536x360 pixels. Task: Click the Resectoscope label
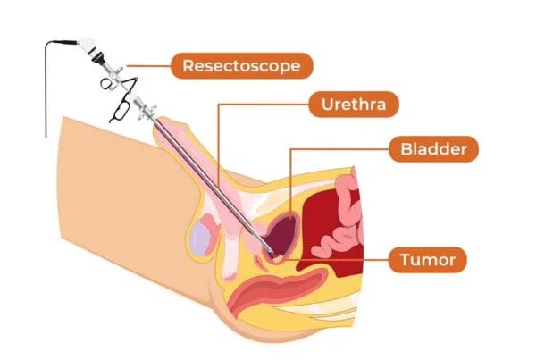click(242, 65)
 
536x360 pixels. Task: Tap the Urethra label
click(354, 104)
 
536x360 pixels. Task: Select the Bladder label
click(434, 148)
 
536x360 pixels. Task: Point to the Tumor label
click(428, 259)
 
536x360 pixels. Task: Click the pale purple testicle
click(199, 239)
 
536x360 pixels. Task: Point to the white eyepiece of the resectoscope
click(88, 46)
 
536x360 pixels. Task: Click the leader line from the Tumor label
click(336, 260)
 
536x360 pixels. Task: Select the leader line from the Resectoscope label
click(148, 65)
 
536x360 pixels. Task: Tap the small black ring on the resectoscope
click(105, 83)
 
